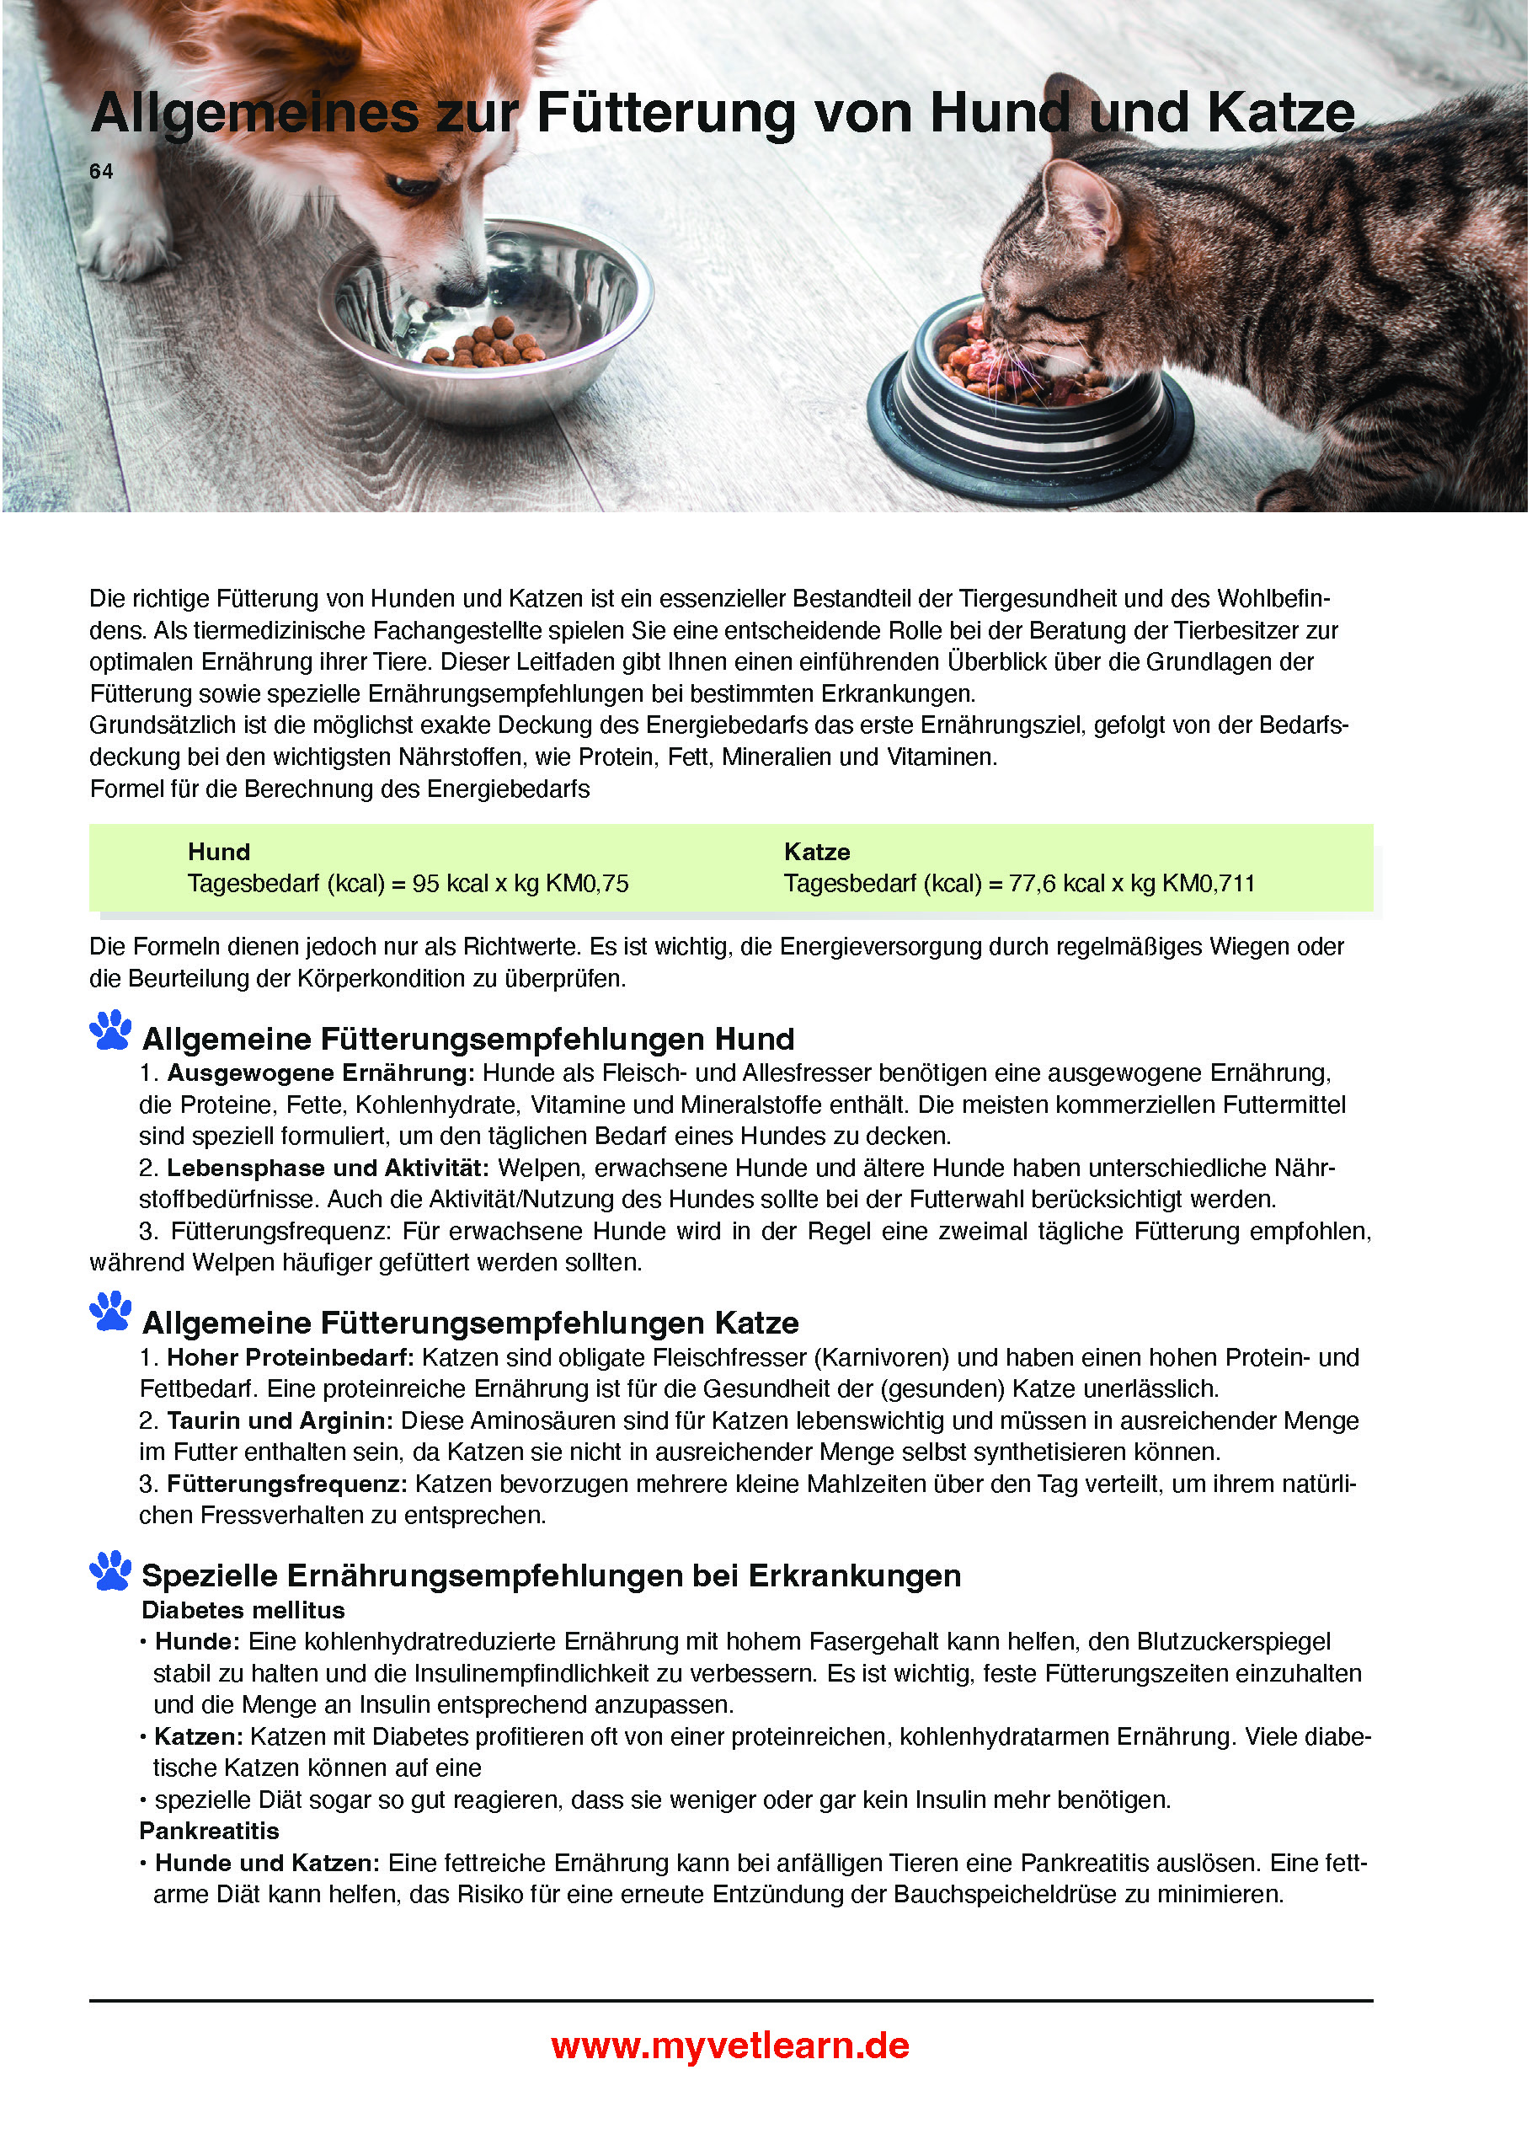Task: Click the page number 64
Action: [x=101, y=172]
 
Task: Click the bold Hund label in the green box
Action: [x=219, y=852]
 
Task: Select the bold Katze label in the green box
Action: [x=817, y=852]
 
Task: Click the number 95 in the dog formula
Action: [x=425, y=884]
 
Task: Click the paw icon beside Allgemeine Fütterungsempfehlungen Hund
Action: [x=111, y=1030]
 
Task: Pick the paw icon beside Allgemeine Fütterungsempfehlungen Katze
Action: [x=111, y=1313]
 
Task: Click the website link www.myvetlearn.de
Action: [x=730, y=2046]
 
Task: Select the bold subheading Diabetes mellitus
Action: [x=243, y=1610]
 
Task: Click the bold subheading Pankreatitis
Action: [x=210, y=1832]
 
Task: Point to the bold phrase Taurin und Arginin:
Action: [x=280, y=1420]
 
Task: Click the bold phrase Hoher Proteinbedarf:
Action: [x=291, y=1357]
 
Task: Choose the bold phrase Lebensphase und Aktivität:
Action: [x=328, y=1168]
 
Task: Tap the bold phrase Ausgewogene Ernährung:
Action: [x=321, y=1072]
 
